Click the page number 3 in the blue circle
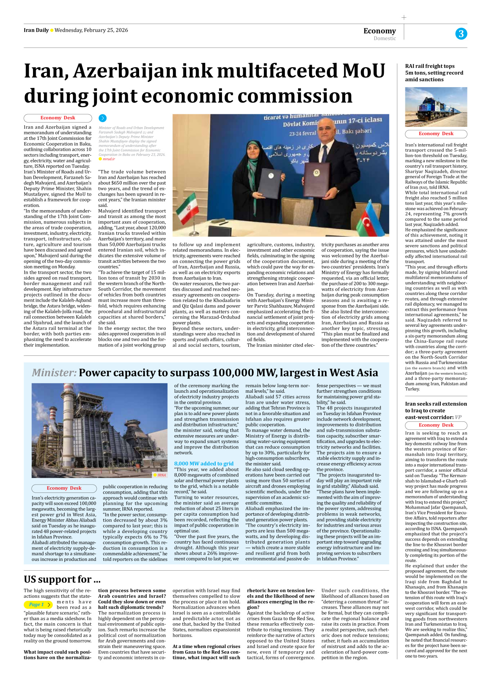coord(461,34)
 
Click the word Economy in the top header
coord(379,31)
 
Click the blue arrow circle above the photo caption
coord(103,118)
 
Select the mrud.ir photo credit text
coord(108,159)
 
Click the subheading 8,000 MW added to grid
coord(203,463)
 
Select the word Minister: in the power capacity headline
coord(54,372)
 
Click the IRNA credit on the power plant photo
coord(161,475)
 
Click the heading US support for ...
coord(62,579)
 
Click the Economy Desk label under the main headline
coord(58,118)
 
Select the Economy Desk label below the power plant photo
coord(64,488)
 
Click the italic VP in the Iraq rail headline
coord(458,417)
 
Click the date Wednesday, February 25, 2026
coord(91,30)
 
